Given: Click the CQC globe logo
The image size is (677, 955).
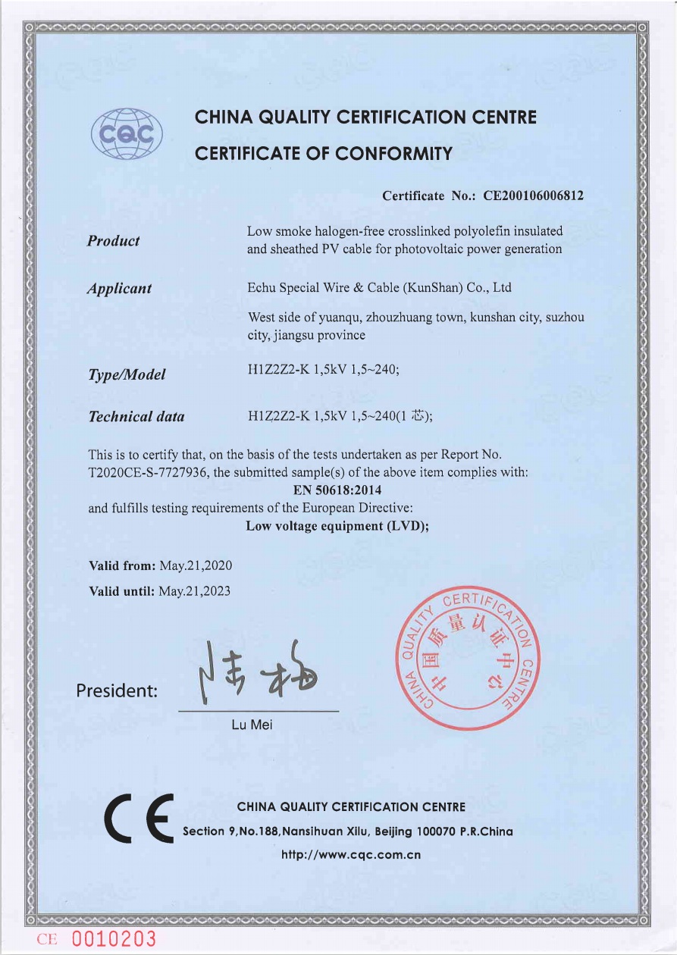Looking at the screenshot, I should (127, 134).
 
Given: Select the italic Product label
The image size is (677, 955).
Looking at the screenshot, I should (113, 241).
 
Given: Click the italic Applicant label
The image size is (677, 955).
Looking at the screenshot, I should (119, 289).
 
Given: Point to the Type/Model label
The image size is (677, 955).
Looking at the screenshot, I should (127, 374).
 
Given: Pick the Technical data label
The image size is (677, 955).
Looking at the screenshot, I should (136, 416).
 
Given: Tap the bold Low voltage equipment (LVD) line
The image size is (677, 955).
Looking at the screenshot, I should (337, 526).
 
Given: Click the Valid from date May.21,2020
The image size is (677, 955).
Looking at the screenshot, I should (196, 566).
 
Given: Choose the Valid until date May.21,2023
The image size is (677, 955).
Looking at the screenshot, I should (194, 590).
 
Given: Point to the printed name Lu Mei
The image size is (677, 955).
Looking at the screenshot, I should (252, 725).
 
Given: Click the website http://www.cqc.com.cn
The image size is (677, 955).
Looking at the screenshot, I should (351, 855).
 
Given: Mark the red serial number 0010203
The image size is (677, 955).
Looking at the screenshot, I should (114, 940).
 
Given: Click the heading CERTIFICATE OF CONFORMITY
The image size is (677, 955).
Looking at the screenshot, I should (324, 154).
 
